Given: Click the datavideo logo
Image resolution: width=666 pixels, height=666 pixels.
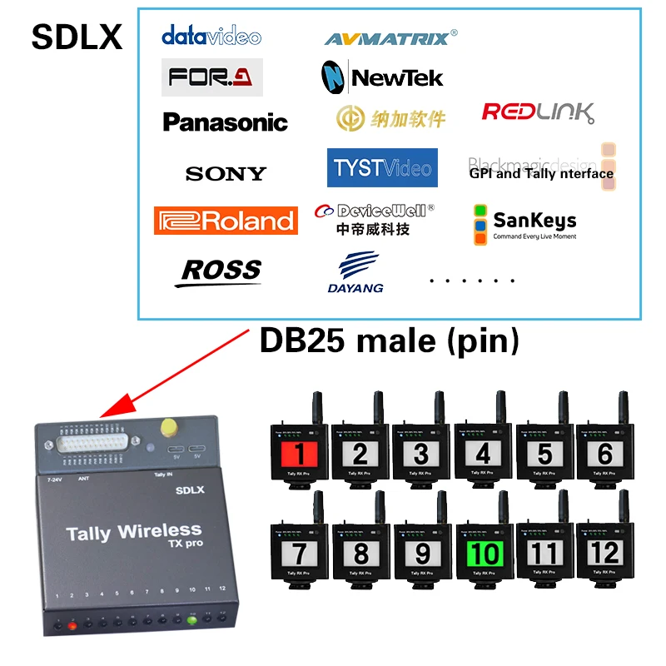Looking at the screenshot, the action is [x=211, y=36].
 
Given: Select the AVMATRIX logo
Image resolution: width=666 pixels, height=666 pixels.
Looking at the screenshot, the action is [x=390, y=37].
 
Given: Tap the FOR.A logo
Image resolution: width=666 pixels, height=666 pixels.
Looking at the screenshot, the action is [x=211, y=77].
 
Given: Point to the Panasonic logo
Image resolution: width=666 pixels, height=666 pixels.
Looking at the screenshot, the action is [x=225, y=122].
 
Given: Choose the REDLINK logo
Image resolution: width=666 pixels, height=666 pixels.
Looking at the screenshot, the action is [x=538, y=112].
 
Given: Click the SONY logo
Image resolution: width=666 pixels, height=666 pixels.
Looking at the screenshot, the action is [x=226, y=173].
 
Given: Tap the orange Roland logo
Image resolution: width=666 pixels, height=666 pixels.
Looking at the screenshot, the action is [x=226, y=221].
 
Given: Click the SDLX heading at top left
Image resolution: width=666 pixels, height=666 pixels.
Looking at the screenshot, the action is [x=77, y=37].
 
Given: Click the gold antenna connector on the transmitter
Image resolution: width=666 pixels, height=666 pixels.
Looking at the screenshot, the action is [x=170, y=427].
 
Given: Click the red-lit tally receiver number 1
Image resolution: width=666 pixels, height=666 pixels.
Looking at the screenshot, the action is [x=300, y=454].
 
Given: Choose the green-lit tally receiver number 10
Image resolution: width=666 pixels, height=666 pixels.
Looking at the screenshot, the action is [x=485, y=552].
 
